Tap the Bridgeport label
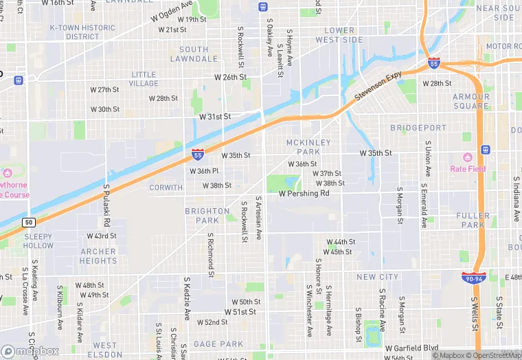coord(418,128)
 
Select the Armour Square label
coord(471,102)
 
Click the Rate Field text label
coord(468,169)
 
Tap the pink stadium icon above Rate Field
coord(468,157)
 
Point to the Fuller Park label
coord(471,220)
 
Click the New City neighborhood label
coord(377,277)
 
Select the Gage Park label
coord(218,344)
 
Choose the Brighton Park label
coord(207,216)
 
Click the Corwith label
coord(166,187)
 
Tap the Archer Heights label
coord(98,256)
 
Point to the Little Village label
coord(144,79)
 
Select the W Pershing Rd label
coord(304,194)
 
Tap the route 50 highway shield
coord(28,222)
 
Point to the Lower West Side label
coord(339,35)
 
